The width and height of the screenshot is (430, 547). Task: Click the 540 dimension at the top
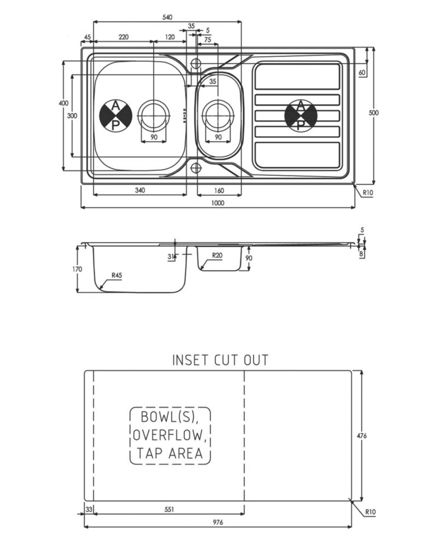[x=167, y=17]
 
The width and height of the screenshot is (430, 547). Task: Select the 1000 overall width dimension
[x=218, y=203]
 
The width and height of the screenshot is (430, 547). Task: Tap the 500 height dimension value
[x=374, y=113]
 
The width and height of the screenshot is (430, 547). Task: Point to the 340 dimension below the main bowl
[x=140, y=190]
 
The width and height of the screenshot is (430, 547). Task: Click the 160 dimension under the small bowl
[x=219, y=190]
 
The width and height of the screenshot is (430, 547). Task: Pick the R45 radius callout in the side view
[x=117, y=275]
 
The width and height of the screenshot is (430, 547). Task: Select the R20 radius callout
[x=217, y=255]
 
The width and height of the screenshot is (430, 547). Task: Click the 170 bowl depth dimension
[x=77, y=269]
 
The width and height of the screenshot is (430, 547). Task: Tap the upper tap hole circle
[x=196, y=63]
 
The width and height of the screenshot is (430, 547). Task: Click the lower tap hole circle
[x=196, y=168]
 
